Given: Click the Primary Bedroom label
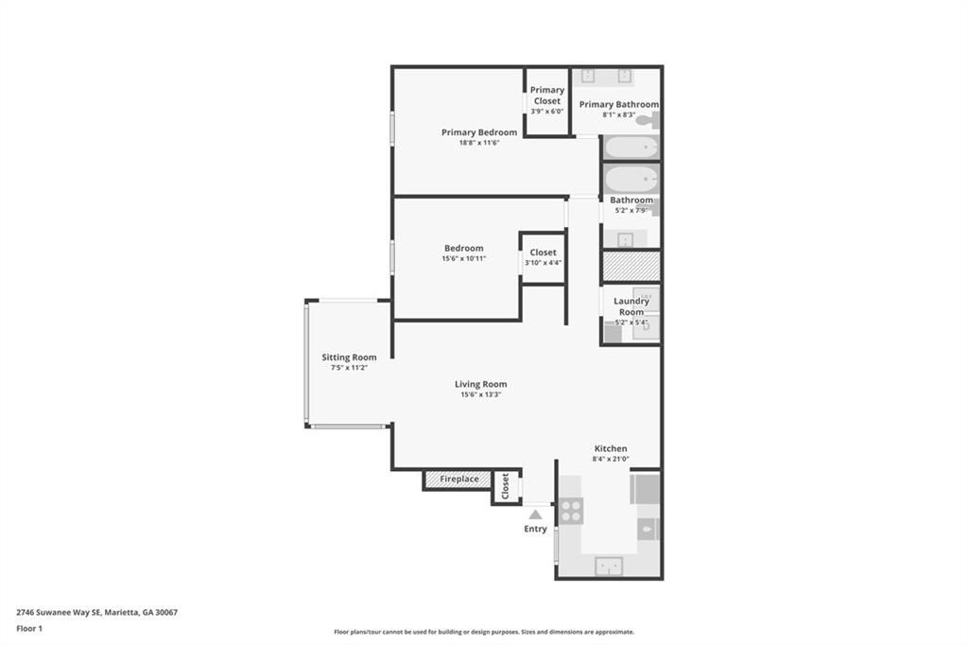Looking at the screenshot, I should [479, 132].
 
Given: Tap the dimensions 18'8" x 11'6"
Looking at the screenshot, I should [479, 143].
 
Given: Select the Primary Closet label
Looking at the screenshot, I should [546, 96].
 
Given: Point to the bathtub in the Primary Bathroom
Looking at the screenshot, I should [631, 148].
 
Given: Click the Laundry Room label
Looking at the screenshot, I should [631, 306].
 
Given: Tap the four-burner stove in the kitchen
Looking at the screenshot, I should [571, 511].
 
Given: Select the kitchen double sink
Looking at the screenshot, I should [610, 566].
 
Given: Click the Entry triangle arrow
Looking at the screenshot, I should [535, 514].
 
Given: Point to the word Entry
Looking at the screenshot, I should [535, 529].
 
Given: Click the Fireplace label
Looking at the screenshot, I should [459, 479].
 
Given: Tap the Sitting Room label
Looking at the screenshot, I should [349, 357].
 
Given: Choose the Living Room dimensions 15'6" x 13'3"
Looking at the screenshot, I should [480, 394].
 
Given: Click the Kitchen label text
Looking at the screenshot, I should [610, 448].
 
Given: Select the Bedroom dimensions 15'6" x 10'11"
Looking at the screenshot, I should [463, 258].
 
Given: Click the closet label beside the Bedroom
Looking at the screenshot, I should [543, 253].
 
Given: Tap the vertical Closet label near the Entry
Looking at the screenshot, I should [506, 486].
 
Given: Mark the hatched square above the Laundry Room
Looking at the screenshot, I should [631, 266].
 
